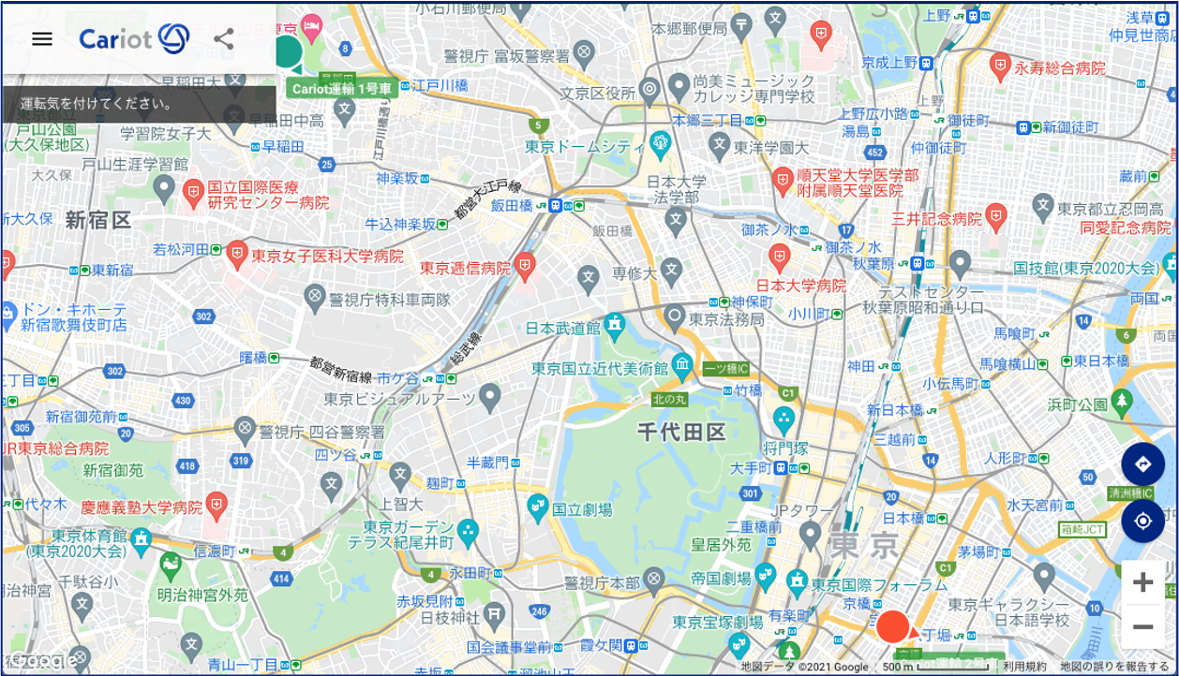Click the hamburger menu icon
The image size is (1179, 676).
(x=42, y=38)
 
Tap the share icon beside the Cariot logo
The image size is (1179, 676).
(x=223, y=38)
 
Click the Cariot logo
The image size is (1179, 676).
(x=134, y=38)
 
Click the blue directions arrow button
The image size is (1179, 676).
(x=1142, y=464)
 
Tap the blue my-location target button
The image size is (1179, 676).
(x=1142, y=522)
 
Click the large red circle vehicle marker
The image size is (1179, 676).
(x=893, y=626)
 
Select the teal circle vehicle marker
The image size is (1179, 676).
(x=286, y=51)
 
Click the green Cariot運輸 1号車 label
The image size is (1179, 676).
(x=341, y=89)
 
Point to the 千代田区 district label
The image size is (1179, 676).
(x=681, y=432)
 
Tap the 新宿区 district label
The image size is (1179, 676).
(x=98, y=220)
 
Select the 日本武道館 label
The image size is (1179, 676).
(x=561, y=329)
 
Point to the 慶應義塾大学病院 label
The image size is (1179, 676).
(x=142, y=507)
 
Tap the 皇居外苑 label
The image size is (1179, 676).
(x=721, y=544)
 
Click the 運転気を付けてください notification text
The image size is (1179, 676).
(x=97, y=104)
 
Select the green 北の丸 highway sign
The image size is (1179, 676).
(x=669, y=400)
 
